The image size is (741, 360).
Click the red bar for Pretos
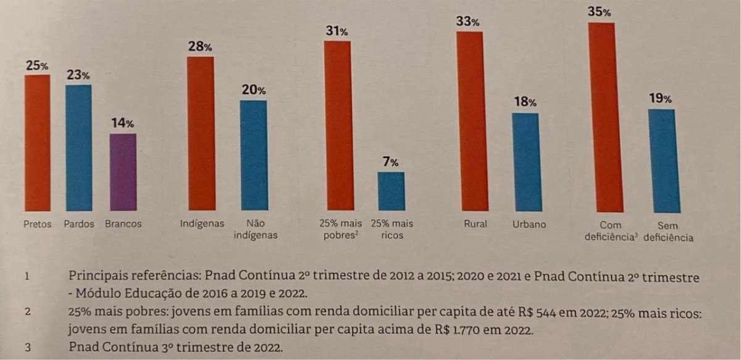[x=38, y=143]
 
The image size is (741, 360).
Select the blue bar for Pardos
[x=78, y=148]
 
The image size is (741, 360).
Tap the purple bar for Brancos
[x=123, y=172]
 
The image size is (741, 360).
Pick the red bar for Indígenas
[x=201, y=133]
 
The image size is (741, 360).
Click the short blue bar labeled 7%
[x=391, y=191]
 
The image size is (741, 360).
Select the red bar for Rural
[x=469, y=121]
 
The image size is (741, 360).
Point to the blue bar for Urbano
[x=525, y=162]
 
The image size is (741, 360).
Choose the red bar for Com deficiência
[x=602, y=117]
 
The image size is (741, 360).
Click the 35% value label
[x=599, y=12]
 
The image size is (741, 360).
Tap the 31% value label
[x=337, y=30]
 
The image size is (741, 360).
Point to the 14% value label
[x=122, y=123]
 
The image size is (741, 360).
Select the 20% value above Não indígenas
[x=253, y=90]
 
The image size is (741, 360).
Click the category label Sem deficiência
[x=668, y=231]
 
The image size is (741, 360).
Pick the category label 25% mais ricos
[x=392, y=230]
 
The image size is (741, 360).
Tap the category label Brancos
[x=123, y=224]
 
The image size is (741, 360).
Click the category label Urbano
[x=529, y=224]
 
